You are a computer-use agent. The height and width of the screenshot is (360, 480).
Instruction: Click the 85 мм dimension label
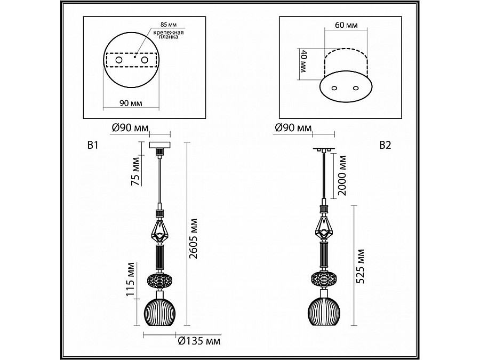(169, 25)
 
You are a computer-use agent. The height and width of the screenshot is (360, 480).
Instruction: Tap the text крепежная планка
(169, 35)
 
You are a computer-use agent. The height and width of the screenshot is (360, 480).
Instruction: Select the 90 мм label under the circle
(131, 103)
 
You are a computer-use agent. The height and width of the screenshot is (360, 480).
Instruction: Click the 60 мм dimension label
(346, 25)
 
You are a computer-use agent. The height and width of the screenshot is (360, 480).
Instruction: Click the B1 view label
(93, 145)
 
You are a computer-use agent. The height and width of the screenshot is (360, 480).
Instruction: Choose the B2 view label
(385, 145)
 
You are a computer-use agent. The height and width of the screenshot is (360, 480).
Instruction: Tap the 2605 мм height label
(194, 238)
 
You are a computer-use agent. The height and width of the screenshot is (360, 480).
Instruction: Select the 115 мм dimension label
(131, 279)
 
